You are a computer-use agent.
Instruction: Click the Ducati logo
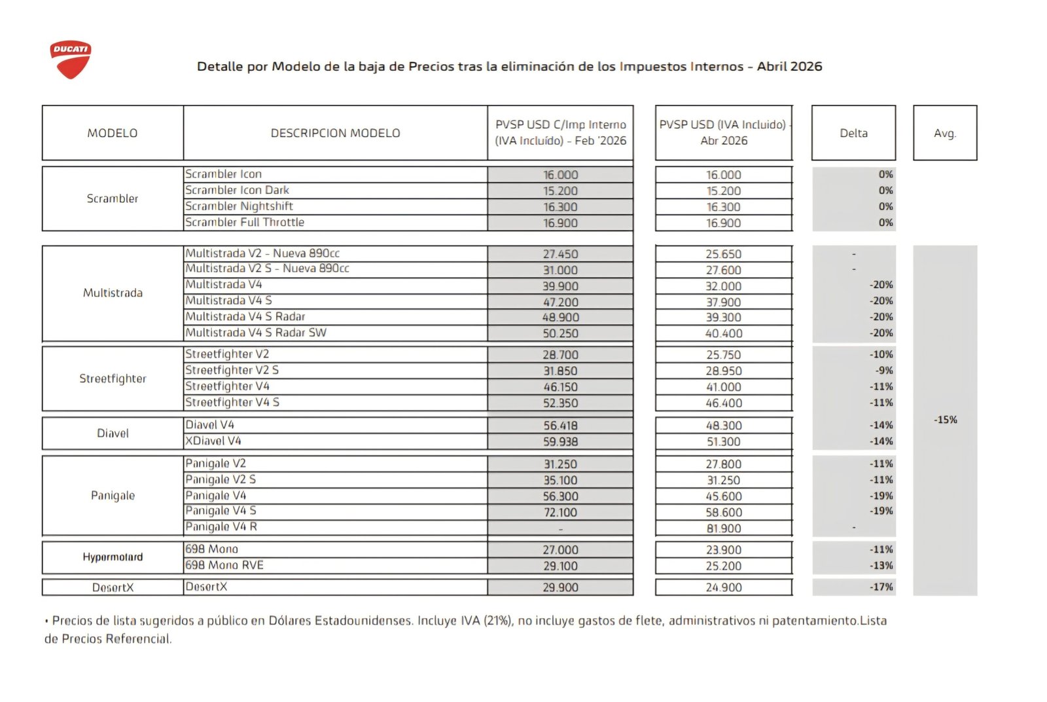[x=70, y=60]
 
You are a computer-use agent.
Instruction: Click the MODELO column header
[x=113, y=133]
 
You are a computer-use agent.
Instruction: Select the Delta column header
[x=853, y=133]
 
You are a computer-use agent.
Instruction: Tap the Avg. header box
[x=944, y=133]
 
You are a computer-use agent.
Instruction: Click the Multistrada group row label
[x=113, y=293]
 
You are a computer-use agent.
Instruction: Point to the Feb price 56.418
[x=560, y=426]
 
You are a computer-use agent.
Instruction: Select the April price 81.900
[x=723, y=528]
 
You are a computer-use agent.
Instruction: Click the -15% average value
[x=945, y=420]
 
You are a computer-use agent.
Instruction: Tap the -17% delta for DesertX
[x=881, y=587]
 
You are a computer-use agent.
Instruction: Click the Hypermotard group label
[x=113, y=557]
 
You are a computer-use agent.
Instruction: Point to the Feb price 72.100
[x=560, y=513]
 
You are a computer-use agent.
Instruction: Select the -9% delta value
[x=884, y=371]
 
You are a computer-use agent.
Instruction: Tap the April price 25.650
[x=723, y=254]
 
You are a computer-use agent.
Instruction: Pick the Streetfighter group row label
[x=113, y=379]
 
